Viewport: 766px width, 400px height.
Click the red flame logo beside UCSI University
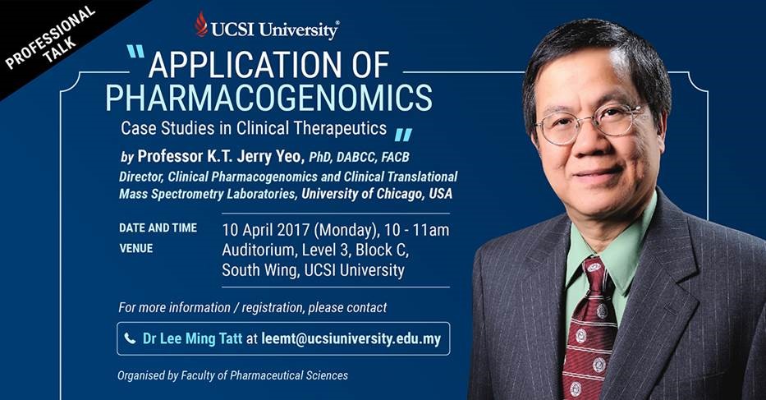pos(201,25)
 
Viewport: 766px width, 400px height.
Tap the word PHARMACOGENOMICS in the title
pos(269,98)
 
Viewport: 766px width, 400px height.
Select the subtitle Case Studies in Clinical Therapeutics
pos(254,128)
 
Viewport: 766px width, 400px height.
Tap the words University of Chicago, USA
pos(377,194)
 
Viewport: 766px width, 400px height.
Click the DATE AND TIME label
pos(158,228)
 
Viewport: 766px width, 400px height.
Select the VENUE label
pos(136,248)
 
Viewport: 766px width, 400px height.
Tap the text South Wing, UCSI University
pos(313,270)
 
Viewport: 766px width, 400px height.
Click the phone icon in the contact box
pos(130,338)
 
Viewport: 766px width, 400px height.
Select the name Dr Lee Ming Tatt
pos(192,338)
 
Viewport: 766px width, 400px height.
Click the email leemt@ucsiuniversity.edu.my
pos(351,338)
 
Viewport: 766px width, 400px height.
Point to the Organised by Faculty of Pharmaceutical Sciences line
pos(232,375)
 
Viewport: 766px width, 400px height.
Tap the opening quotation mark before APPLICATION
pos(135,51)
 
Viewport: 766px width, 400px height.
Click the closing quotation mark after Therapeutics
pos(403,135)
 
